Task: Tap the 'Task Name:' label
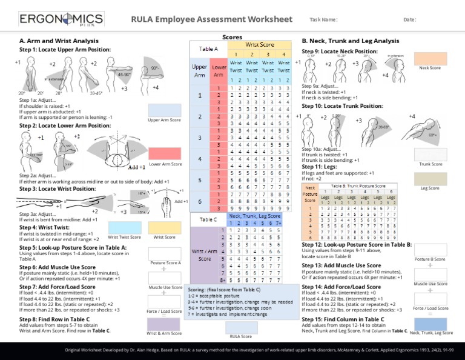(x=323, y=20)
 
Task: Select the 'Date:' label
(x=410, y=20)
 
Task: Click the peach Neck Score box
(x=430, y=58)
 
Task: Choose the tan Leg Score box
(x=430, y=178)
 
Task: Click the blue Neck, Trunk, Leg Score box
(x=430, y=324)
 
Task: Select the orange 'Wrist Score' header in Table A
(x=259, y=44)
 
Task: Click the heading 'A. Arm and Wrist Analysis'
(x=59, y=41)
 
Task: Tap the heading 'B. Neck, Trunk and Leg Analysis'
(x=351, y=41)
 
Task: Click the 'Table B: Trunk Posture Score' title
(x=358, y=186)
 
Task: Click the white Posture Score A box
(x=164, y=254)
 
